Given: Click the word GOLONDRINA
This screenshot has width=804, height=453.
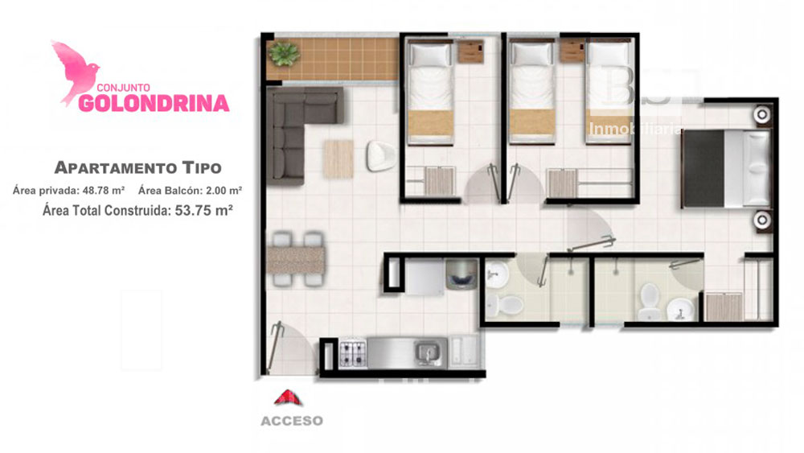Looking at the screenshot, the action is (154, 103).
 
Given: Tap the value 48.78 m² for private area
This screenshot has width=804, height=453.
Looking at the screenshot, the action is (104, 191).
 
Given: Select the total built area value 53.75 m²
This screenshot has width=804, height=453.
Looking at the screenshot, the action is (204, 210).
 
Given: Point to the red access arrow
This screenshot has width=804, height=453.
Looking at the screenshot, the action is (288, 397).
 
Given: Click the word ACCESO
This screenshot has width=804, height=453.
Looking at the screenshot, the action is (292, 421).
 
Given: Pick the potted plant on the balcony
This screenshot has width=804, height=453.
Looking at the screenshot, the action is (284, 53).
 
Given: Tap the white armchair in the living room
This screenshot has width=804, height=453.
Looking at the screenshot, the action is (380, 156).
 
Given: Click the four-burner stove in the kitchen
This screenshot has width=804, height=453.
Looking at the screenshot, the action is (353, 353).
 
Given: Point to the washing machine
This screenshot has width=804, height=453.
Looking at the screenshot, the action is (461, 275).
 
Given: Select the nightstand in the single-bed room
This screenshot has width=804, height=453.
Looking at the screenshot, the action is (470, 51).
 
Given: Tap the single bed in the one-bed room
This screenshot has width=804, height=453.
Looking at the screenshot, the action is (430, 92).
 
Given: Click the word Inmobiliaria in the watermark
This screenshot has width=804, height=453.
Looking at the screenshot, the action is (635, 129).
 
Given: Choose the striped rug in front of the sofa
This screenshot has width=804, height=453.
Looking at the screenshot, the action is (338, 159).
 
